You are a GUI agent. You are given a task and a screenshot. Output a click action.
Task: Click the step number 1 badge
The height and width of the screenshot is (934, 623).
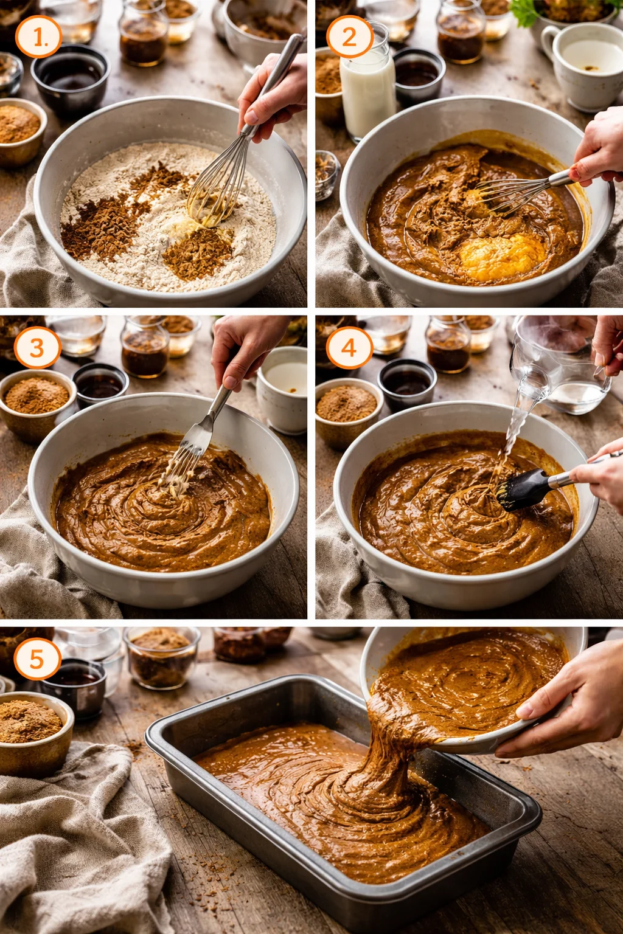coord(38,38)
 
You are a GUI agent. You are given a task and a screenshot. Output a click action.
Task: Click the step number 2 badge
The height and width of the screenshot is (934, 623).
coord(349,38)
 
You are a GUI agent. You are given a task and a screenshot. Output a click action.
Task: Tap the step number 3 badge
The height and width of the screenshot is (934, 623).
coord(37,348)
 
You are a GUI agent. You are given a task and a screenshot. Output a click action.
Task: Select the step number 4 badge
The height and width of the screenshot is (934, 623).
coord(349,348)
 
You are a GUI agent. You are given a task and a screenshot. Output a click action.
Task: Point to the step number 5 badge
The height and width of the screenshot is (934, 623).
coord(37,659)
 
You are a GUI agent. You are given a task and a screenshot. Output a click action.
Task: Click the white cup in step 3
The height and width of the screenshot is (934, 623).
coord(283,389)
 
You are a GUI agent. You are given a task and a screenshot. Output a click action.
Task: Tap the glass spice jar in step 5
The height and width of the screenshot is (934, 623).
coord(161,657)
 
